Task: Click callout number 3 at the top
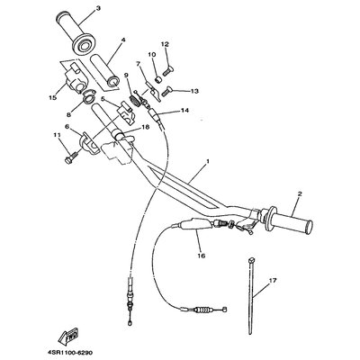[x=98, y=8]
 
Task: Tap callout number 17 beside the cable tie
[x=273, y=281]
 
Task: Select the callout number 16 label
[x=202, y=256]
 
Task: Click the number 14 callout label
[x=184, y=111]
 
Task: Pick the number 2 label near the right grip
[x=300, y=193]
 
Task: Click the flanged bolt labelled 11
[x=71, y=157]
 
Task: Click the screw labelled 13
[x=166, y=91]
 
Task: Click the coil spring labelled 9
[x=134, y=100]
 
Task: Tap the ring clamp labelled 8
[x=88, y=96]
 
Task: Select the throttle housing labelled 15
[x=75, y=78]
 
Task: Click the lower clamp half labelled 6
[x=89, y=142]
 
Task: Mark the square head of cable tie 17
[x=251, y=259]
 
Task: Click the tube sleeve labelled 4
[x=104, y=70]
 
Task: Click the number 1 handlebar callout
[x=207, y=161]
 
